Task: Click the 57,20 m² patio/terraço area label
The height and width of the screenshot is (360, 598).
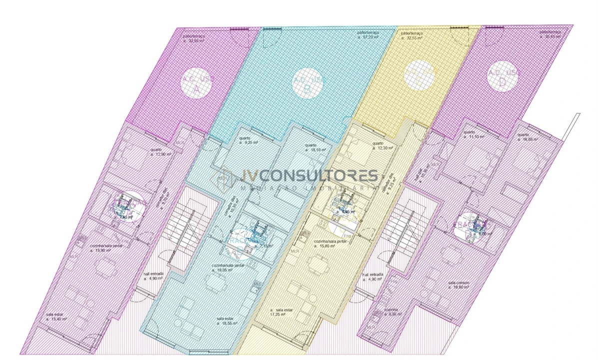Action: [368, 34]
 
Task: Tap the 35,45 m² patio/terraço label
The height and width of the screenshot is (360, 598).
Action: [550, 34]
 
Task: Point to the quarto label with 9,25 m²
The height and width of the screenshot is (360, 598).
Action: [248, 140]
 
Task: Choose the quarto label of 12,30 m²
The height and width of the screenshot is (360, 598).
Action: [382, 145]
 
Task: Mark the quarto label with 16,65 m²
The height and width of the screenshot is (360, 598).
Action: [528, 137]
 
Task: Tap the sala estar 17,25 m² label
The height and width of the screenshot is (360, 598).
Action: [281, 312]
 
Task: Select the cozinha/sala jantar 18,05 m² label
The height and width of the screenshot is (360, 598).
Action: [228, 267]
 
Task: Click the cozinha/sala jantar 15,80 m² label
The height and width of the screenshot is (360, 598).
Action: [330, 243]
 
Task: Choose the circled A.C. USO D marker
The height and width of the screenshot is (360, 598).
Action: [503, 76]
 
